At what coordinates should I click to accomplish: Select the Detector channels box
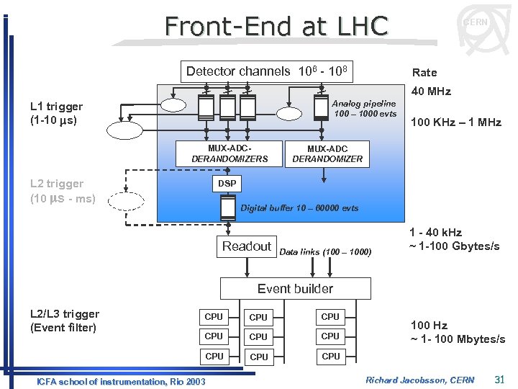coord(267,71)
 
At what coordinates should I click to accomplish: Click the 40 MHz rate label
coord(430,91)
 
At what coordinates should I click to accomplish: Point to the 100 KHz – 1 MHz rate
coord(455,122)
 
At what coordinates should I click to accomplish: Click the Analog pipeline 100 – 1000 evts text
coord(364,109)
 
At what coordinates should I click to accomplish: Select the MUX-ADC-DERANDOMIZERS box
coord(230,153)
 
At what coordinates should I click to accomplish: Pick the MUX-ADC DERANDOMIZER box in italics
coord(327,154)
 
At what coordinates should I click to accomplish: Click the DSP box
coord(227,184)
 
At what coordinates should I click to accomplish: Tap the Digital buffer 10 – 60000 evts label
coord(299,208)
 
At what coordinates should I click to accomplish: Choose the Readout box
coord(247,246)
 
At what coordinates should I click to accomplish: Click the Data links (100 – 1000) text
coord(325,252)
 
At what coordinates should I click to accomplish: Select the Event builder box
coord(295,289)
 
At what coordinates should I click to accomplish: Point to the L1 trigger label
coord(56,112)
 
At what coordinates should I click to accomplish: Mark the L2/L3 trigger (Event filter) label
coord(65,321)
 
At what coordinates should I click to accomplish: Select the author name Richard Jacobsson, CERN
coord(420,380)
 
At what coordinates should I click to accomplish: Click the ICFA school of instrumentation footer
coord(121,380)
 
